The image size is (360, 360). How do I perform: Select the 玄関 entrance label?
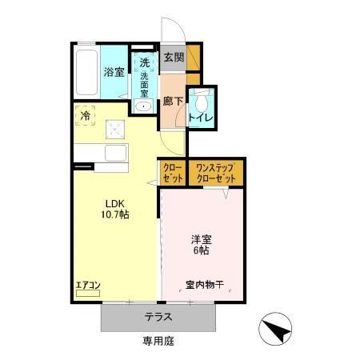173,57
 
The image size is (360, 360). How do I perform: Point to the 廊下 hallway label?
173,102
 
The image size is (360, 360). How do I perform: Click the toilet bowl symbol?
204,101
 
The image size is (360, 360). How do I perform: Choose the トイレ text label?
200,118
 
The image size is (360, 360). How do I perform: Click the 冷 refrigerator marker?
86,116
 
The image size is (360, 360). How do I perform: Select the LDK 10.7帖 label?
114,209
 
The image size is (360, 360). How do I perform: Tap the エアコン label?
87,283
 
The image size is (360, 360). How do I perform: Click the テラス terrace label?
158,316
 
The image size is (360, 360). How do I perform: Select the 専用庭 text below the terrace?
158,341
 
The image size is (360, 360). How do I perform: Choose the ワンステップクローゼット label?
216,173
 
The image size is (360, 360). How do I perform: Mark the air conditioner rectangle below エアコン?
87,294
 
